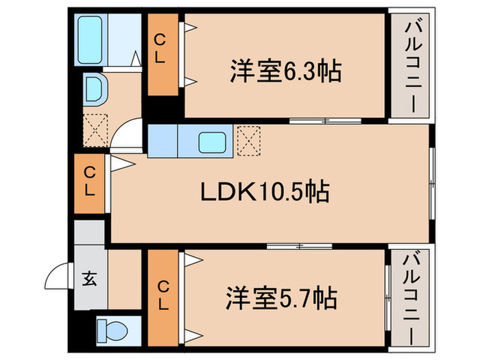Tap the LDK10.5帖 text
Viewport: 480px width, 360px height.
click(x=265, y=192)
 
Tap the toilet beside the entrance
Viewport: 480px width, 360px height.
click(x=112, y=331)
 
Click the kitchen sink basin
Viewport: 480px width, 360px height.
click(x=210, y=142)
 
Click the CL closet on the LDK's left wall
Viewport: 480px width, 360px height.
click(x=89, y=183)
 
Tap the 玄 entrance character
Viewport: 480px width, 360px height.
click(x=90, y=278)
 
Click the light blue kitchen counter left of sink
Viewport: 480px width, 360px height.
click(x=163, y=142)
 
